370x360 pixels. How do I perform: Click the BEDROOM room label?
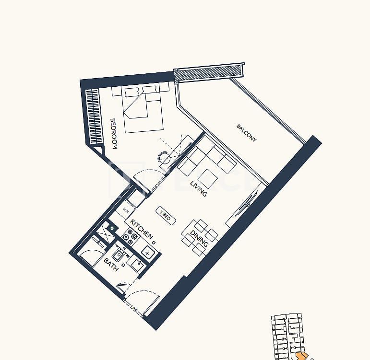[114, 134]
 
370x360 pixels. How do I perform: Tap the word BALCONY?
[247, 133]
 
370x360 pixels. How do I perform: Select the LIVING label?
[199, 188]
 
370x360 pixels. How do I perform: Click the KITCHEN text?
[142, 230]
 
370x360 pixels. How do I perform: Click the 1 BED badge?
[166, 216]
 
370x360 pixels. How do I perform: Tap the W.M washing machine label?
[126, 210]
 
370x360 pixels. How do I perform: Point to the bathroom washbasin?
[118, 255]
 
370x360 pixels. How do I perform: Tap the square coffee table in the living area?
[208, 179]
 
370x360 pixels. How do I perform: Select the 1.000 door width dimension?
[134, 310]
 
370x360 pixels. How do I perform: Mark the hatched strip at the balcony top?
[207, 73]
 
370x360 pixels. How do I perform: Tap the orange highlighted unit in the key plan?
[302, 356]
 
